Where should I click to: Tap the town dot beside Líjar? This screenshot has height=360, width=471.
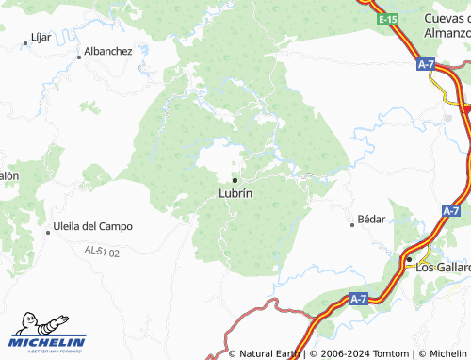25,43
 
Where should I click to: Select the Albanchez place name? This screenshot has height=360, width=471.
108,51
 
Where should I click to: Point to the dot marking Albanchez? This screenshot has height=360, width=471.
79,57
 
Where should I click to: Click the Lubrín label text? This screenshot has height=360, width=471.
235,193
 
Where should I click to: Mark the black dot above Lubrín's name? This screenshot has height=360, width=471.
235,179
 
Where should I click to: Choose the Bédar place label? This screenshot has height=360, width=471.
372,219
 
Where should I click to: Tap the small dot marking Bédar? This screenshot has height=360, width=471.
353,224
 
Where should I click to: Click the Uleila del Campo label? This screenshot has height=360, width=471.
93,226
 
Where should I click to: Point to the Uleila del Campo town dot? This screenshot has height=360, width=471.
48,232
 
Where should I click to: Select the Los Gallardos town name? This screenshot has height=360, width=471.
444,267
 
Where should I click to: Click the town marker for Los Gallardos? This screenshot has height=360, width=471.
410,258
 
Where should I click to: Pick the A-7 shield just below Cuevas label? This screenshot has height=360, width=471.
426,64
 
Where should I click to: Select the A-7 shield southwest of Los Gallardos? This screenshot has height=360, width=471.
357,299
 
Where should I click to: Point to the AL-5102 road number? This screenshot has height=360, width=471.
103,251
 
